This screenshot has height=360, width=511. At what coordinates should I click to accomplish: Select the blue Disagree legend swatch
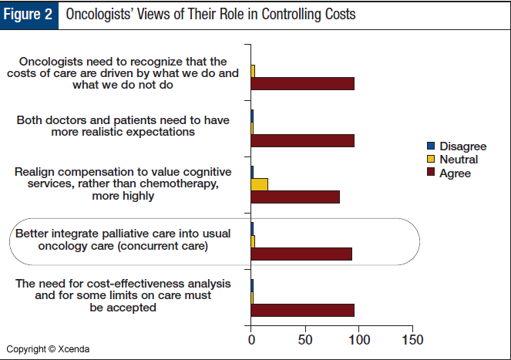(432, 146)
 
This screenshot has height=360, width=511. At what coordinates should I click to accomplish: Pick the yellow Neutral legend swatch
(432, 160)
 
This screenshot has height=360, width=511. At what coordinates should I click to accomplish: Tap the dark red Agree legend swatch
(432, 173)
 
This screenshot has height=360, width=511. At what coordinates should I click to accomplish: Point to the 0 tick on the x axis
(251, 339)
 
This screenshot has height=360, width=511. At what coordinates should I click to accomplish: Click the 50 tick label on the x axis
(305, 339)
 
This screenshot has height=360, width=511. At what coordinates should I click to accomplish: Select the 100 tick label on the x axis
(358, 339)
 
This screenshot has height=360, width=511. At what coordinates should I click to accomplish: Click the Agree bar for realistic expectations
(302, 140)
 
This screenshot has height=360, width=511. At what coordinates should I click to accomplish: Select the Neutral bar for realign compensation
(260, 183)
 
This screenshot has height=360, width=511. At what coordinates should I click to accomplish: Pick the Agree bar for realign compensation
(295, 197)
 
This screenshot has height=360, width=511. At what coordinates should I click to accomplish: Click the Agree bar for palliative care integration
(301, 254)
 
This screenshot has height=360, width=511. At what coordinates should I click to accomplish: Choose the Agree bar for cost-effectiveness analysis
(302, 310)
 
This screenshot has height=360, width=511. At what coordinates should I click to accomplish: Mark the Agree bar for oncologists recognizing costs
(302, 83)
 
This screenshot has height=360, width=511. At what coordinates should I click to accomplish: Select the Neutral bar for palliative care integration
(253, 241)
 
